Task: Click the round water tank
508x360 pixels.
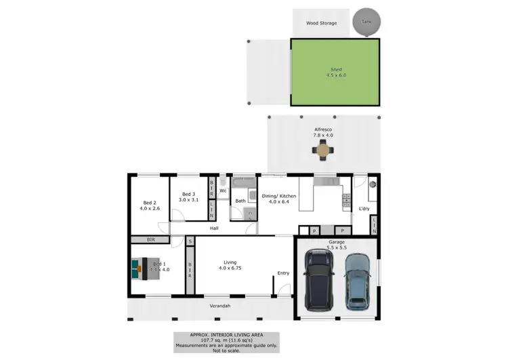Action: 366,22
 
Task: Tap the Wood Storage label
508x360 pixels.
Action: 321,23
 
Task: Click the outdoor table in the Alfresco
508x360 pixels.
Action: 323,150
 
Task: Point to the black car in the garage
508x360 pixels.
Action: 319,280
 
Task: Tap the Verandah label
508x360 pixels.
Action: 219,306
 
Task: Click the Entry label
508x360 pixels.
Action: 283,273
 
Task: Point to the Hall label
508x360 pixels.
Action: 214,228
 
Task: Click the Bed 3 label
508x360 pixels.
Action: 188,195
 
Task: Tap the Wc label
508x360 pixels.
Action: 222,191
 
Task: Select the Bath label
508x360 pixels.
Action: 240,201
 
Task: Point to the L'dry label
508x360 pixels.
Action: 364,208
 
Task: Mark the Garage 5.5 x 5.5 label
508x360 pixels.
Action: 337,245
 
